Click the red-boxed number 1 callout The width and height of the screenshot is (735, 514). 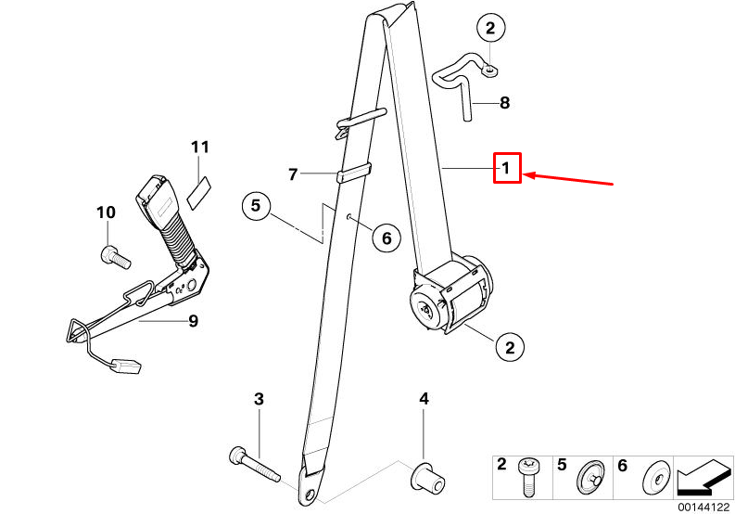[x=507, y=168]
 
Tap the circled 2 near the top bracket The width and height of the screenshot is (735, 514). [x=490, y=29]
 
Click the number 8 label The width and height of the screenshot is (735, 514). [x=503, y=103]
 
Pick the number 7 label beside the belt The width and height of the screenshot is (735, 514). [x=293, y=173]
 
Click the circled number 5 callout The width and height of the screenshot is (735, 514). [x=258, y=205]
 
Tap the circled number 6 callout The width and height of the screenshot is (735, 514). [x=387, y=238]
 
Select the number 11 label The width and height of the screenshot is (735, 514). [x=201, y=147]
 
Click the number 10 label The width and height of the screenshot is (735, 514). [x=106, y=212]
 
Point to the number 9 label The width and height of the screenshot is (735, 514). [x=193, y=322]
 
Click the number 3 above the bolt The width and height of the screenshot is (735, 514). [x=260, y=399]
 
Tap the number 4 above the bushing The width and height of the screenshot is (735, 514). [x=424, y=399]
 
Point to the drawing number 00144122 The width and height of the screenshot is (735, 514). [x=703, y=507]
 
